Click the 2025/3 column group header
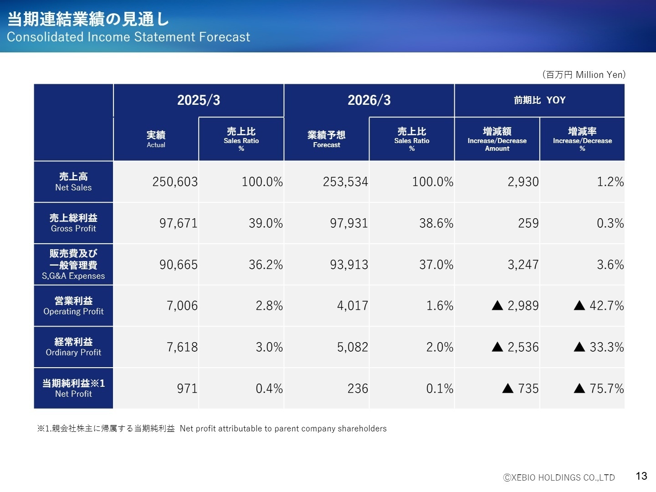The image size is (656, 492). (199, 100)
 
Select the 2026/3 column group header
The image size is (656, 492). (369, 100)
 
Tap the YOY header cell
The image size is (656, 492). (539, 100)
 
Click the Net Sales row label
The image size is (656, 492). (73, 182)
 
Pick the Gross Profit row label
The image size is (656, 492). (73, 223)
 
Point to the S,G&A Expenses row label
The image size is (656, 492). (73, 265)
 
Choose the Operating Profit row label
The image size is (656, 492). (73, 306)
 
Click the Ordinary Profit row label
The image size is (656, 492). (73, 347)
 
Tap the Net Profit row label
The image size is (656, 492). (73, 389)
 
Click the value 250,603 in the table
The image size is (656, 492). (175, 182)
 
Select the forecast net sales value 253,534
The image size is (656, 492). (345, 182)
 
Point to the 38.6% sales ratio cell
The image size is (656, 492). (436, 223)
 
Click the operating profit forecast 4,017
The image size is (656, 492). (352, 306)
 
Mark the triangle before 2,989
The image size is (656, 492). (497, 306)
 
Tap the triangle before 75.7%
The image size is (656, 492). (579, 389)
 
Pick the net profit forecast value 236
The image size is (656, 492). (358, 389)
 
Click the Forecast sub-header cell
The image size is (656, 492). (326, 139)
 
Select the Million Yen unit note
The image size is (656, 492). (584, 75)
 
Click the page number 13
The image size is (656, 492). (641, 476)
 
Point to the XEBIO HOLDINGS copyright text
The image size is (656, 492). (559, 477)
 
